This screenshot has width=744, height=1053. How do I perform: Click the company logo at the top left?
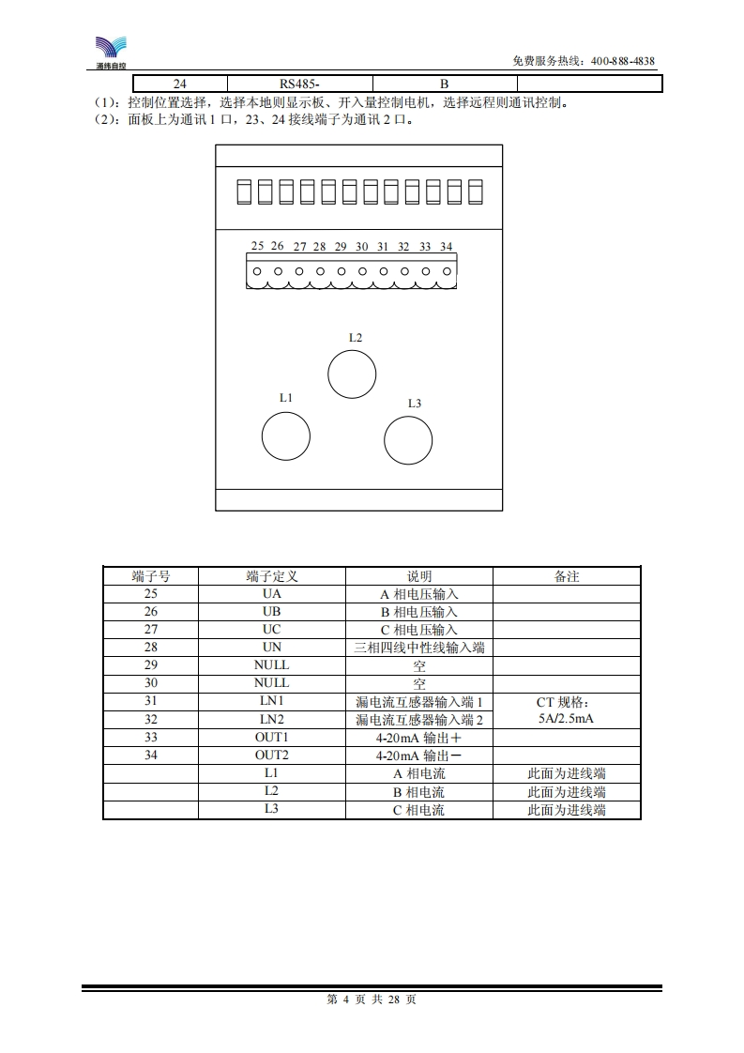[111, 53]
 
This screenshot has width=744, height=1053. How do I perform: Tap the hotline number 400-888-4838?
[622, 61]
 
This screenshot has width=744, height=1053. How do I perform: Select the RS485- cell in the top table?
[299, 84]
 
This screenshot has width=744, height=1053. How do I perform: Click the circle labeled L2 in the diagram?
[352, 374]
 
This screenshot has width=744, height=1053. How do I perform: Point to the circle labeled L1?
[286, 435]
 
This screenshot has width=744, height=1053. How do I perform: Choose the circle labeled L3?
[408, 440]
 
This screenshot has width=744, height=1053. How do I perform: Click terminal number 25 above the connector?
[257, 246]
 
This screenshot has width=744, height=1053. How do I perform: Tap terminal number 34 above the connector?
[446, 247]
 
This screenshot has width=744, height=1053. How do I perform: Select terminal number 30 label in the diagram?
[362, 247]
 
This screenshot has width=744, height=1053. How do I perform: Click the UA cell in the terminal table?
[272, 594]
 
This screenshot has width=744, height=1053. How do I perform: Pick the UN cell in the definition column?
[272, 648]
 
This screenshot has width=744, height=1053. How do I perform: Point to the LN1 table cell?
[272, 701]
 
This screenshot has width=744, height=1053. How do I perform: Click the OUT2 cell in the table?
[272, 755]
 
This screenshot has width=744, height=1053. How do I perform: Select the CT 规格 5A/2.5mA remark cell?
[567, 710]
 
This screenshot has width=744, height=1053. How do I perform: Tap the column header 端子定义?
[272, 576]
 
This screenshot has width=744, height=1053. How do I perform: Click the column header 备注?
[567, 576]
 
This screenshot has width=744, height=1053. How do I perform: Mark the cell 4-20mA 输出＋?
[419, 738]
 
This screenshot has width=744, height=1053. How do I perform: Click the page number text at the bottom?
[372, 1000]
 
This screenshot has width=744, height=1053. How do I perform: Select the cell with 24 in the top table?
[180, 84]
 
